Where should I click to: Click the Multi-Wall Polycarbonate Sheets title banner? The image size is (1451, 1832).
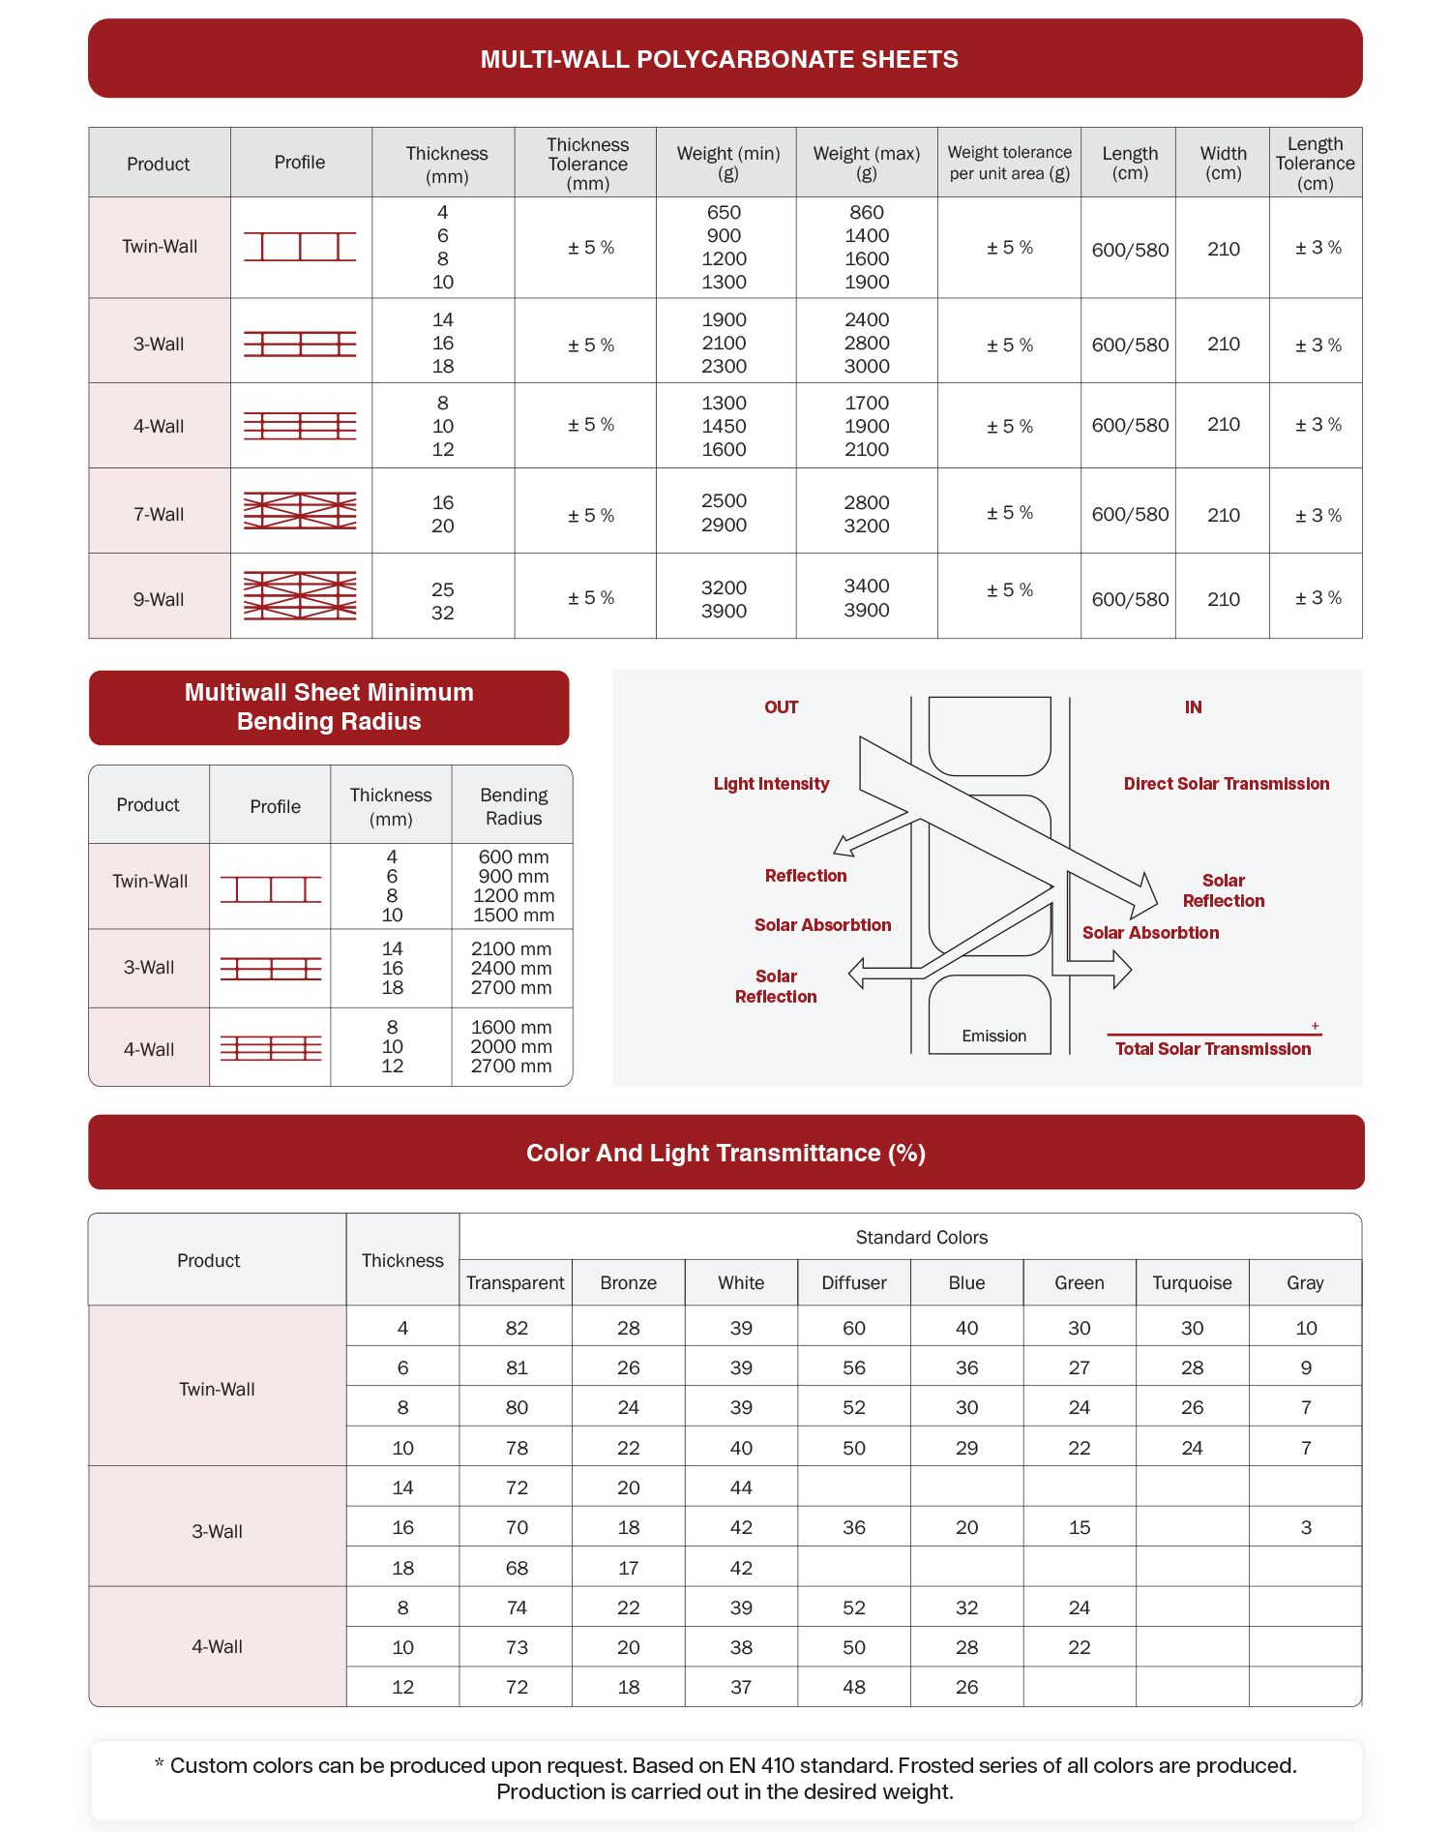coord(719,59)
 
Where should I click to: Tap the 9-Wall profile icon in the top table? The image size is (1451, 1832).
coord(300,596)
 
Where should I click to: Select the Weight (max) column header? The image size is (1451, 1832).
coord(867,163)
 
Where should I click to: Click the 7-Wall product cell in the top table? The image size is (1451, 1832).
coord(159,514)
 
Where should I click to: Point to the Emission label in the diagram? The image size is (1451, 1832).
coord(993,1036)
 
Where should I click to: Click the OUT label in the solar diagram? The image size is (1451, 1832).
coord(781,707)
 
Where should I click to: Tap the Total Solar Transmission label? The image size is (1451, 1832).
coord(1213,1049)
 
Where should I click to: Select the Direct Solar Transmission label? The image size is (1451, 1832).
coord(1226,784)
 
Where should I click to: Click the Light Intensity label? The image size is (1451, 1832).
coord(771,784)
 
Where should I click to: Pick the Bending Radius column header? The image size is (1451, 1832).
coord(514,806)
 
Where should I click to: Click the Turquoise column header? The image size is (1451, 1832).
coord(1192,1282)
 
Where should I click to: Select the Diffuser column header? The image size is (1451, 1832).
coord(853,1282)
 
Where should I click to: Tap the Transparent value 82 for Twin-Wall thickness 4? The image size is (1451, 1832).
coord(517,1328)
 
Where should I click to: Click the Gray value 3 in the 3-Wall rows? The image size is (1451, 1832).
coord(1306,1527)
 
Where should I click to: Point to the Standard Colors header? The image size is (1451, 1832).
coord(921,1237)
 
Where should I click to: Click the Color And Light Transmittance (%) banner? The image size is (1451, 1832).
coord(725,1153)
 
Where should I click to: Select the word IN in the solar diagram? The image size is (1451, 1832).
coord(1193,707)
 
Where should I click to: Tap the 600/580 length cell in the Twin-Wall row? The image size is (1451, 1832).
coord(1130,250)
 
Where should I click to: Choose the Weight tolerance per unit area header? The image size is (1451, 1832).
coord(1009,163)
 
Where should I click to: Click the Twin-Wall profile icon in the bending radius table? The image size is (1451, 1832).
coord(271,888)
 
